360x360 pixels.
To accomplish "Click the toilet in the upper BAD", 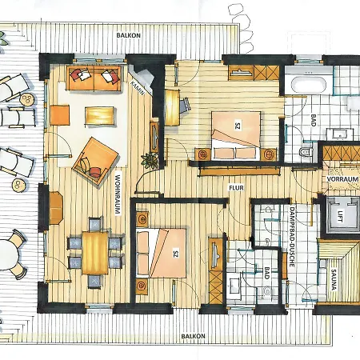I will coord(305,150).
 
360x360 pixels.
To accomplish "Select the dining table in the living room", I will coord(95,250).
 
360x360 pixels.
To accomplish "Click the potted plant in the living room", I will coord(146,158).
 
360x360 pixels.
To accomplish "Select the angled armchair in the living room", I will coord(92,156).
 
